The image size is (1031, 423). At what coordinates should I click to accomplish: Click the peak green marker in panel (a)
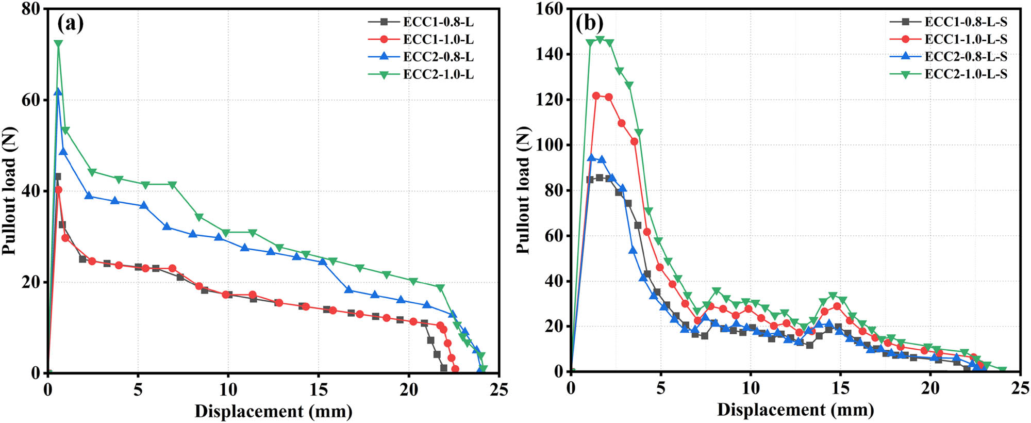pyautogui.click(x=58, y=44)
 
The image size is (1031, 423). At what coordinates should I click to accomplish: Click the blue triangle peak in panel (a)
pyautogui.click(x=58, y=91)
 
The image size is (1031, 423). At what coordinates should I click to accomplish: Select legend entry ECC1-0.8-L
pyautogui.click(x=438, y=22)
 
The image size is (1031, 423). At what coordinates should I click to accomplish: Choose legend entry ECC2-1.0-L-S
pyautogui.click(x=965, y=74)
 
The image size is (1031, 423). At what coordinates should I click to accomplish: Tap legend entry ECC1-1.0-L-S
pyautogui.click(x=965, y=39)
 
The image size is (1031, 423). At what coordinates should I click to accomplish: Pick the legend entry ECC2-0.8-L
pyautogui.click(x=438, y=57)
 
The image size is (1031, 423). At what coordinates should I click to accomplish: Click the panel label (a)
pyautogui.click(x=71, y=23)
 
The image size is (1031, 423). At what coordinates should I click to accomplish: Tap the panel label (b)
pyautogui.click(x=589, y=23)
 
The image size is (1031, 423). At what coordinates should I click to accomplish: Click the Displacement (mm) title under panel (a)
pyautogui.click(x=273, y=412)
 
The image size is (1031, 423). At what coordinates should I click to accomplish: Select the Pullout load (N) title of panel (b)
pyautogui.click(x=523, y=190)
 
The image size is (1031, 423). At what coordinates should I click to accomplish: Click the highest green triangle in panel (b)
pyautogui.click(x=600, y=40)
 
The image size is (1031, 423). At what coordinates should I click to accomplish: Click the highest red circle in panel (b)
pyautogui.click(x=596, y=96)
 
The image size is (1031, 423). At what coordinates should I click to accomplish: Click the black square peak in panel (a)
pyautogui.click(x=57, y=176)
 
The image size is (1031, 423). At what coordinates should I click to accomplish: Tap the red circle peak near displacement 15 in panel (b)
pyautogui.click(x=837, y=306)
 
